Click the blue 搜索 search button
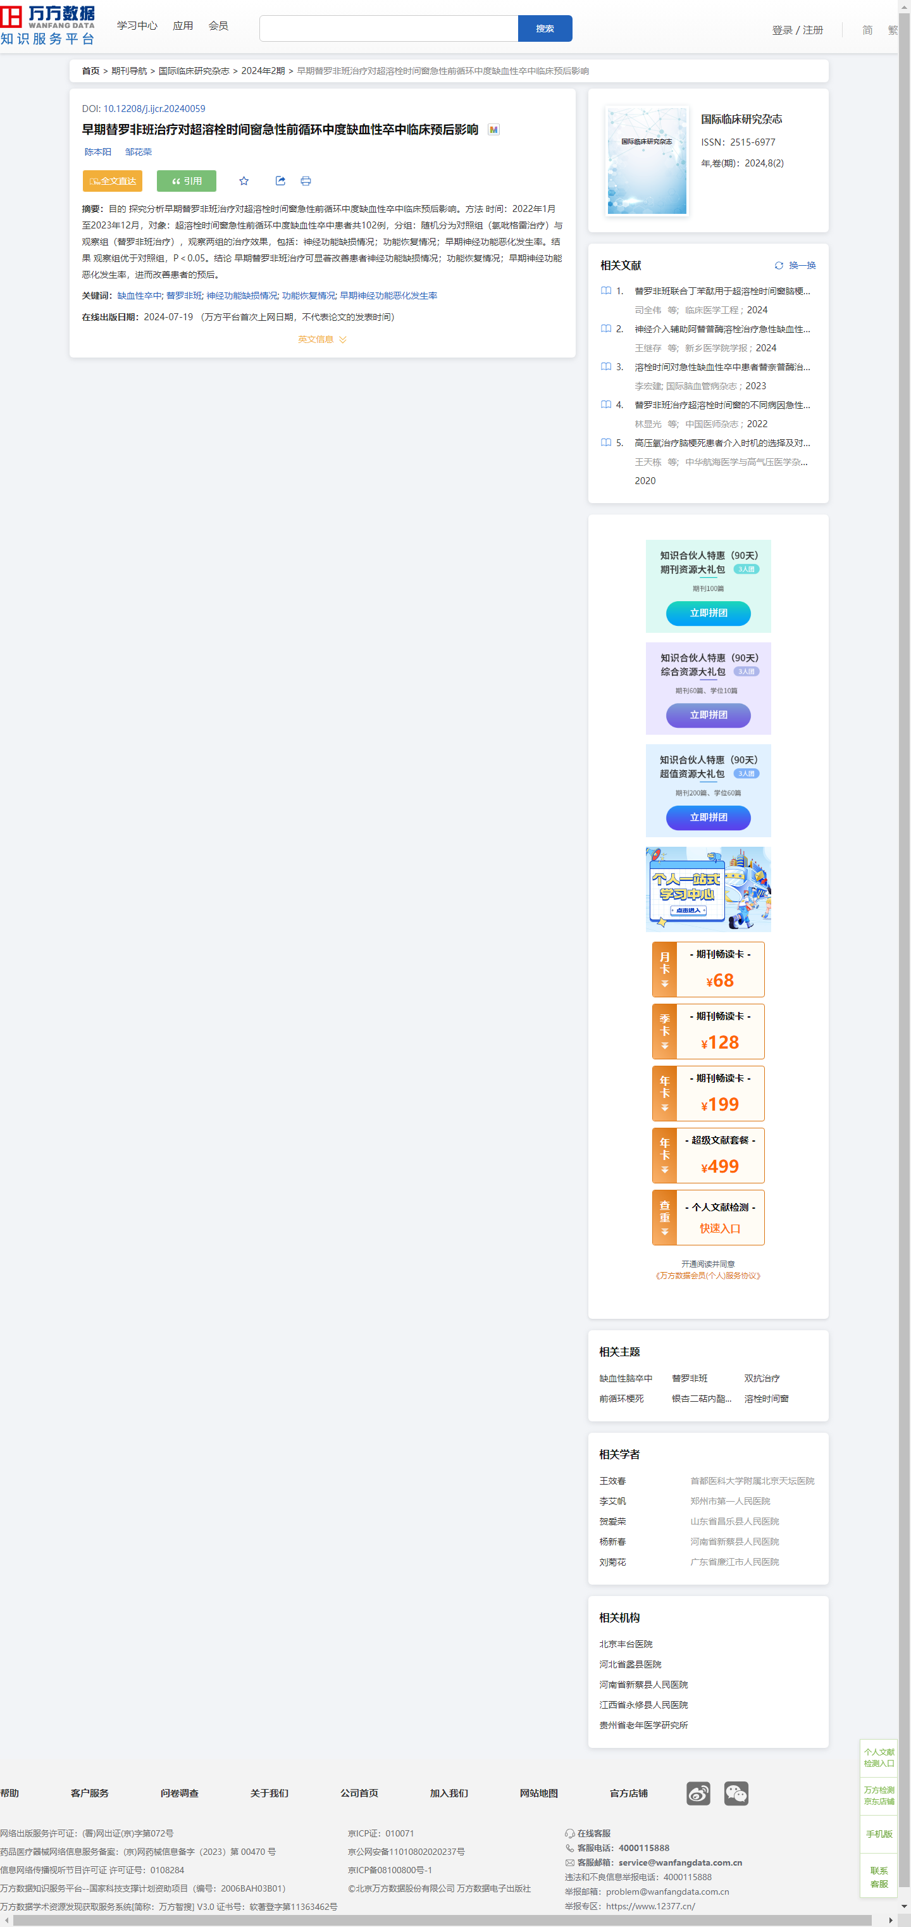click(545, 28)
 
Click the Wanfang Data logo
click(48, 25)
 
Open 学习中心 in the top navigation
click(137, 26)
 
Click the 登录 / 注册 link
click(797, 30)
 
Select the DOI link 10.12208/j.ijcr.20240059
click(154, 108)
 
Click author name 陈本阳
click(97, 152)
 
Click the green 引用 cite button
click(186, 181)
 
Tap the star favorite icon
click(244, 181)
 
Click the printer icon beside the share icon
click(306, 181)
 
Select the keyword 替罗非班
click(183, 296)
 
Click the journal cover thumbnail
click(647, 161)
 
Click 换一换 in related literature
click(795, 266)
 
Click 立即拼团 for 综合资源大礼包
click(709, 715)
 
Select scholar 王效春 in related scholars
click(612, 1480)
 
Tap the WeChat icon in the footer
click(736, 1793)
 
